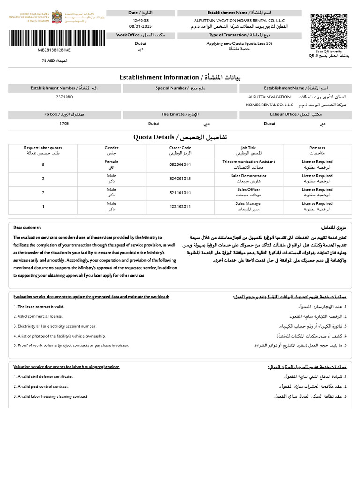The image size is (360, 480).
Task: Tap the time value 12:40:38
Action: point(140,21)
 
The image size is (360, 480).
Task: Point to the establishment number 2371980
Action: point(64,97)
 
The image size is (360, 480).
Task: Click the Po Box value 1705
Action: point(64,123)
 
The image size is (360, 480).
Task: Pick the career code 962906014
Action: point(180,165)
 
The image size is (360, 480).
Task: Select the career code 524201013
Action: point(180,178)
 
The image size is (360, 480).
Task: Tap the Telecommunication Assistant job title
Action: point(248,164)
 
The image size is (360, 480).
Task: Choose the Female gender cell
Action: point(112,164)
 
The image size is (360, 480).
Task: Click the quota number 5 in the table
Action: point(43,165)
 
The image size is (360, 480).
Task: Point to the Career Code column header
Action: point(180,150)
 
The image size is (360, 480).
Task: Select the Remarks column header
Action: point(317,150)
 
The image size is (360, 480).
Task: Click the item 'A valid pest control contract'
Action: point(42,386)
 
